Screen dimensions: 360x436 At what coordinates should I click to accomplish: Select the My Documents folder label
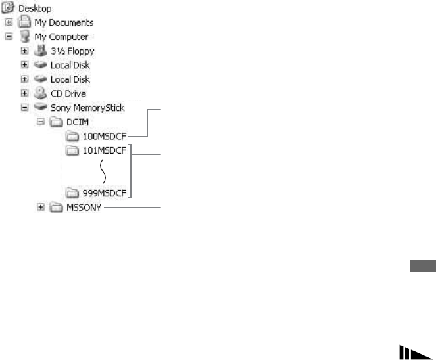(x=64, y=22)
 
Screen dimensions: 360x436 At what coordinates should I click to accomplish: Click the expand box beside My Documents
(x=9, y=22)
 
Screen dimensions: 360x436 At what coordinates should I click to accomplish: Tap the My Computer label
(x=61, y=37)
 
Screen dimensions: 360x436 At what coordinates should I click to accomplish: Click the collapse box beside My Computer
(x=9, y=37)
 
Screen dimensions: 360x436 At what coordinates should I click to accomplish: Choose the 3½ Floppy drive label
(x=73, y=51)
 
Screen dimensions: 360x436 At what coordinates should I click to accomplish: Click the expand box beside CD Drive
(x=25, y=94)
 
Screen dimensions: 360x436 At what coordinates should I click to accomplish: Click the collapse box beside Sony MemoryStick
(x=25, y=108)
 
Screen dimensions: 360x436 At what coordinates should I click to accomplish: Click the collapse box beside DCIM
(x=41, y=122)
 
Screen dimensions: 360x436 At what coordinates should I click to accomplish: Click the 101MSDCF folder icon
(x=72, y=150)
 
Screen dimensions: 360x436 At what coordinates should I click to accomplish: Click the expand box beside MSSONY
(x=41, y=208)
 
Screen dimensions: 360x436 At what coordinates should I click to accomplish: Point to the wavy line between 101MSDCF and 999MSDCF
(x=103, y=172)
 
